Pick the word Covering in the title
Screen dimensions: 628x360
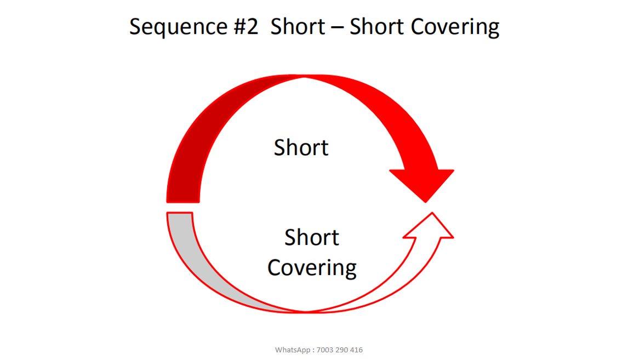click(454, 27)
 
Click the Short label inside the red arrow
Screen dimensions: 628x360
click(301, 148)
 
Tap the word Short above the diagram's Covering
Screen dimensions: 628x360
click(311, 238)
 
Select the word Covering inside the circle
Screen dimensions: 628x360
click(311, 268)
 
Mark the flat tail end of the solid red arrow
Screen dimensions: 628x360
click(182, 201)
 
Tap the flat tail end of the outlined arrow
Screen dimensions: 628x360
click(179, 213)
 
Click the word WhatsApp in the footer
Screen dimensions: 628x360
click(293, 350)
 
